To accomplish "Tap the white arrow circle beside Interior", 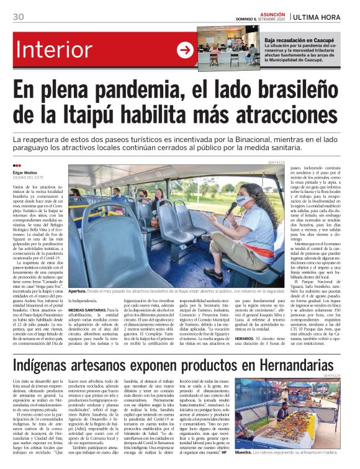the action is point(185,50).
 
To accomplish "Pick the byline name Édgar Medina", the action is point(27,173).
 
